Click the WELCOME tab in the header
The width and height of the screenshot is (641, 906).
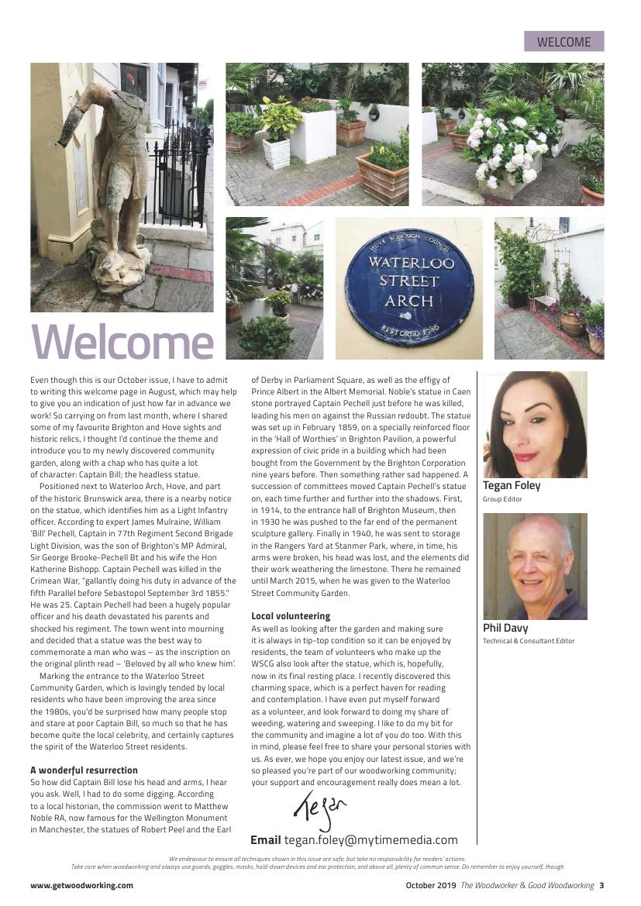tap(563, 42)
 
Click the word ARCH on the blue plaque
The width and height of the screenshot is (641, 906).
tap(408, 299)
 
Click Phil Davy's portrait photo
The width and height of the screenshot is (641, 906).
tap(535, 566)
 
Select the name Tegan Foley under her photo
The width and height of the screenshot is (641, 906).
tap(512, 486)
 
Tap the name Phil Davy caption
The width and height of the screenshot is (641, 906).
tap(505, 628)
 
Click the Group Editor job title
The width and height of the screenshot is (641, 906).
tap(502, 500)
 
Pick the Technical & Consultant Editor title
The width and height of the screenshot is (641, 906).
tap(529, 641)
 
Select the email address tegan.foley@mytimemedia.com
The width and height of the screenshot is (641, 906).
tap(370, 840)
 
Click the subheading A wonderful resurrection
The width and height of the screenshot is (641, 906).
tap(84, 770)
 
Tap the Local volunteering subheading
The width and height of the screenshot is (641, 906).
tap(291, 616)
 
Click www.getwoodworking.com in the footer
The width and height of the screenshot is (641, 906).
tap(81, 885)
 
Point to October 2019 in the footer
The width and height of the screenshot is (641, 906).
tap(431, 885)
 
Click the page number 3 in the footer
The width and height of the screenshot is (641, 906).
tap(601, 885)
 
